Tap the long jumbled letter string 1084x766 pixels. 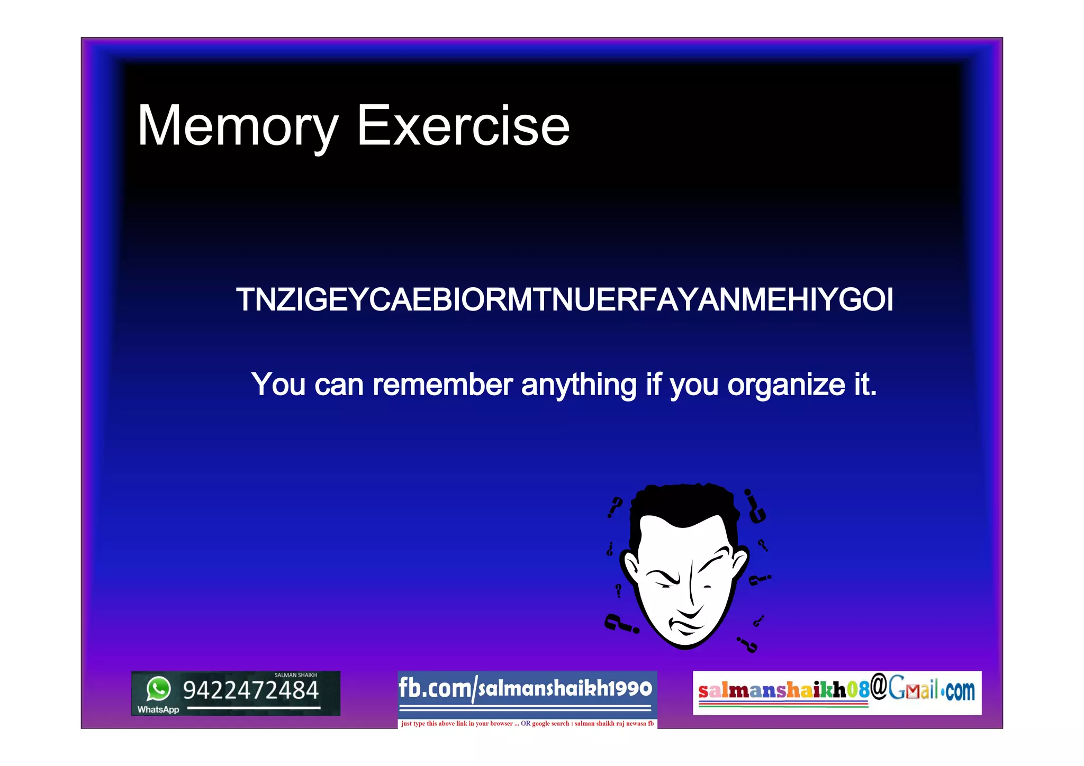[x=564, y=300]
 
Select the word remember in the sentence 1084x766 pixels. [x=442, y=385]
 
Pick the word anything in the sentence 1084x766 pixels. [x=579, y=385]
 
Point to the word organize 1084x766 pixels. [x=786, y=385]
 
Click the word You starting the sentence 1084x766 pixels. [x=278, y=385]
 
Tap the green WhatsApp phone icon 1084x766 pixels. [x=158, y=689]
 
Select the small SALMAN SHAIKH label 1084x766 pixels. [x=295, y=676]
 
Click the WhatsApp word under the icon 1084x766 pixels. [x=158, y=710]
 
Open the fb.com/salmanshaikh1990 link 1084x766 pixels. [x=525, y=689]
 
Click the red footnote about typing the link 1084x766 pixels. [x=527, y=724]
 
